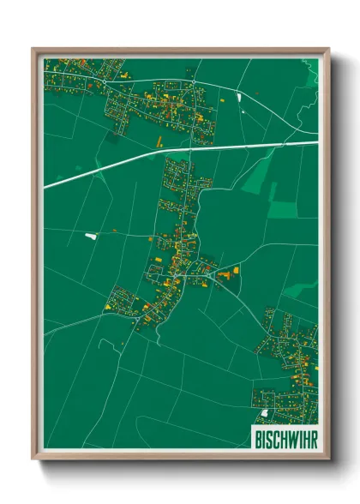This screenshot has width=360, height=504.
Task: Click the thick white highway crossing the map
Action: tap(129, 165)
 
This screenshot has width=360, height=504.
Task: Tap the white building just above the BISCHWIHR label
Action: tap(264, 413)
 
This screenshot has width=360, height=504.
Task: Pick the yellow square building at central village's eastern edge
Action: tap(236, 269)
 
